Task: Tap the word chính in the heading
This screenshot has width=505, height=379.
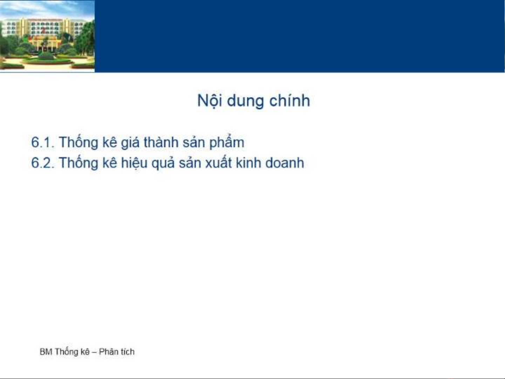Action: click(290, 101)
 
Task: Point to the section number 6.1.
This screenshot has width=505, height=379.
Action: click(42, 142)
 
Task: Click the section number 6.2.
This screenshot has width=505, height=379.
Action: click(42, 163)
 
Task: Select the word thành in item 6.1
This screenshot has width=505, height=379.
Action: click(161, 142)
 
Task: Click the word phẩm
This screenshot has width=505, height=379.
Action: click(227, 142)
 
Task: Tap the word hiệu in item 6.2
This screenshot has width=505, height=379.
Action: click(134, 163)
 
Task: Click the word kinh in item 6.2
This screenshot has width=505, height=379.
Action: click(248, 162)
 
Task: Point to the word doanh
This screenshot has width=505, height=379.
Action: click(285, 162)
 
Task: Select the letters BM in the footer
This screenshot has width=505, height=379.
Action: click(46, 352)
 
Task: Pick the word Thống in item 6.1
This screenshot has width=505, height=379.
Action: click(79, 143)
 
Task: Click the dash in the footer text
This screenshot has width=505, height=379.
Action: click(94, 352)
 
